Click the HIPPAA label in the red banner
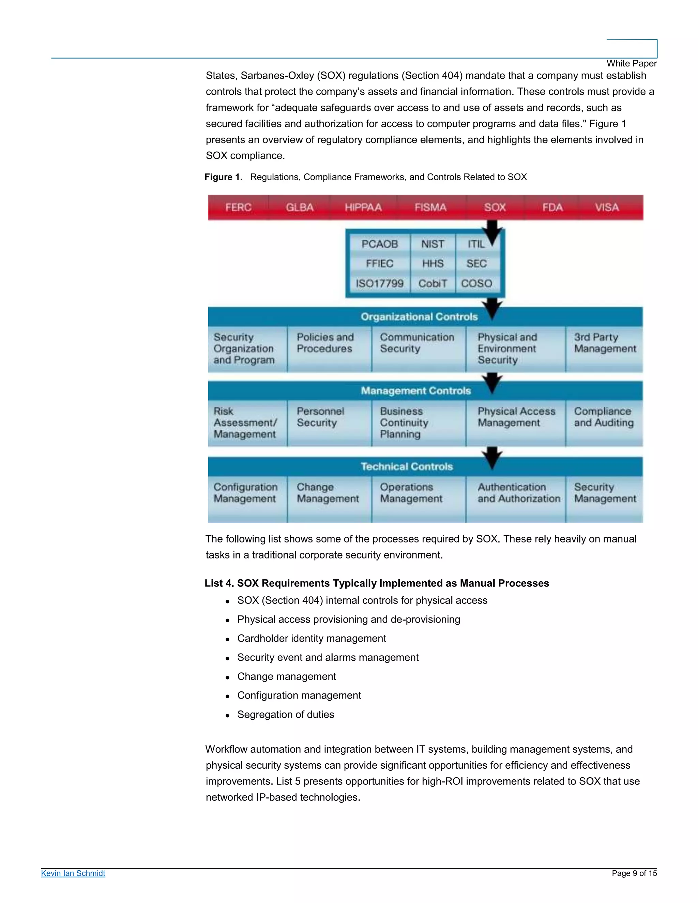(x=363, y=207)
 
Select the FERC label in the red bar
(x=238, y=207)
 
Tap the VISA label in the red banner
(x=607, y=207)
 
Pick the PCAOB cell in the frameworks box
(x=380, y=244)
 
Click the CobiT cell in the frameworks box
(x=433, y=284)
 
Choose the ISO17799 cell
(x=380, y=284)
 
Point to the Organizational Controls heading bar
(x=419, y=317)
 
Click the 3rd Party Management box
(x=605, y=349)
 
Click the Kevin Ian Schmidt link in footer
(x=73, y=873)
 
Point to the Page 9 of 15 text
(x=634, y=873)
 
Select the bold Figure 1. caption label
(x=223, y=177)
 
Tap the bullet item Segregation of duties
(x=285, y=715)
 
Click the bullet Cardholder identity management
(x=312, y=638)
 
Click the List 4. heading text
(x=376, y=583)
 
